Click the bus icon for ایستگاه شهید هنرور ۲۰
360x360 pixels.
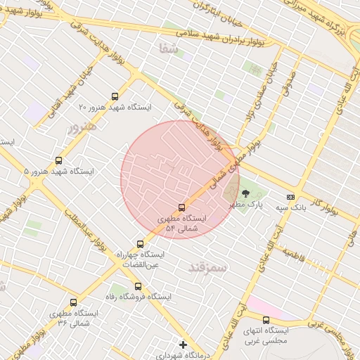tap(115, 97)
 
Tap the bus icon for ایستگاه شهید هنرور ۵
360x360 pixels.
tap(58, 161)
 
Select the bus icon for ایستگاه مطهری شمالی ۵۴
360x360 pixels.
tap(182, 207)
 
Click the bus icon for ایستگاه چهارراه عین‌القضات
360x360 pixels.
tap(140, 244)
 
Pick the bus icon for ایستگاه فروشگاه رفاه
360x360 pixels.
tap(138, 286)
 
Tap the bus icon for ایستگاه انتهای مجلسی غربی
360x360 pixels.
tap(265, 321)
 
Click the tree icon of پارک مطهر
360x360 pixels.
tap(245, 193)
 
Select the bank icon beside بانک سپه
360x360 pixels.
tap(290, 197)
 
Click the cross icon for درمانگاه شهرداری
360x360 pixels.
tap(184, 345)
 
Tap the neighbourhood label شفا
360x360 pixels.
tap(170, 49)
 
